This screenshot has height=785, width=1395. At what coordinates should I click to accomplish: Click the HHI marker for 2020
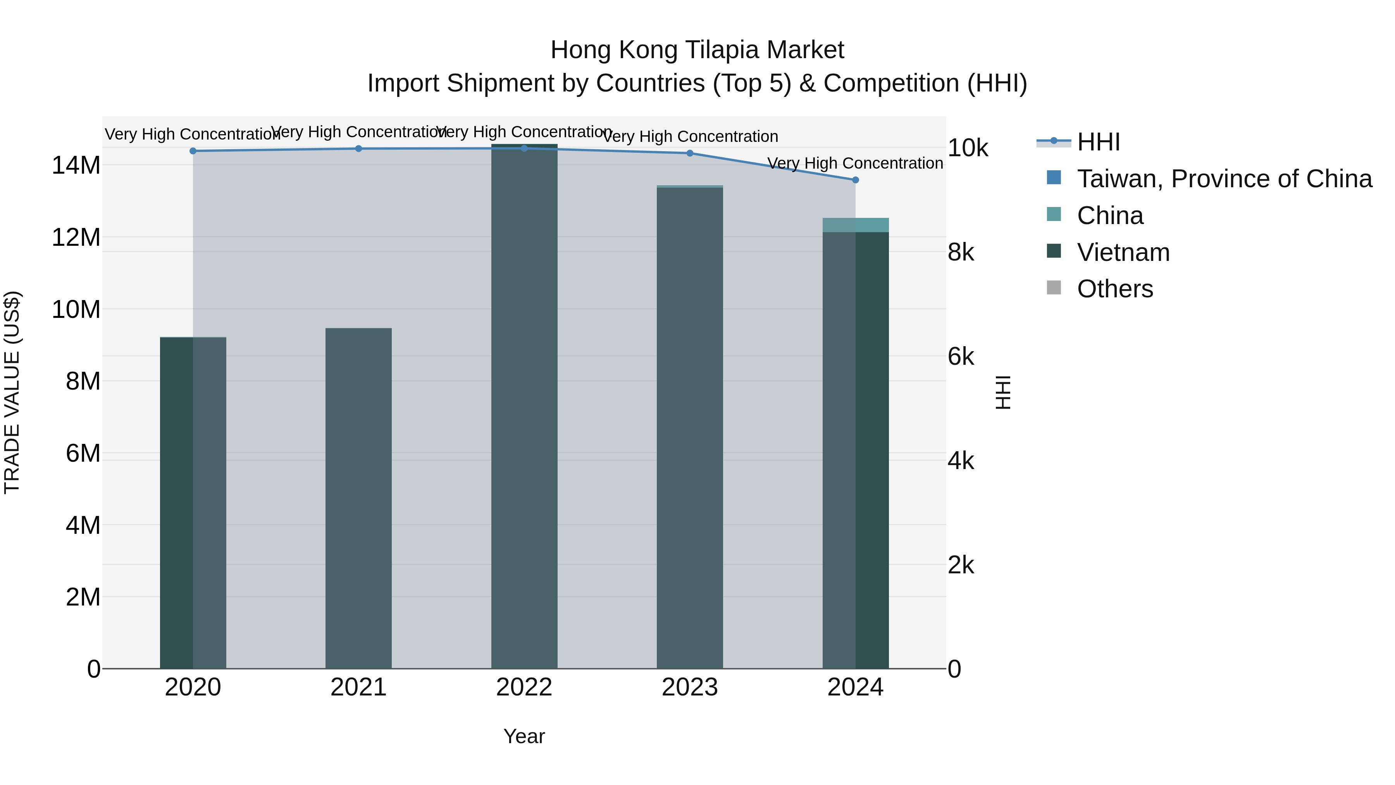pyautogui.click(x=193, y=151)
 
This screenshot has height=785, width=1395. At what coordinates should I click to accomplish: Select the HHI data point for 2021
pyautogui.click(x=358, y=148)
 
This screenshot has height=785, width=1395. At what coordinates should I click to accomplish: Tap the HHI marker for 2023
pyautogui.click(x=690, y=153)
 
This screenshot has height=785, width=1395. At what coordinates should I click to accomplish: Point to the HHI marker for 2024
pyautogui.click(x=856, y=180)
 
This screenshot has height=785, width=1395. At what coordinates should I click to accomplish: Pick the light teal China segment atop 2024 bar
pyautogui.click(x=856, y=225)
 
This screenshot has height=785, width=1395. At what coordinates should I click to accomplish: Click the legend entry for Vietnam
pyautogui.click(x=1123, y=252)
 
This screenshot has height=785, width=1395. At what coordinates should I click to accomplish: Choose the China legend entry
pyautogui.click(x=1110, y=216)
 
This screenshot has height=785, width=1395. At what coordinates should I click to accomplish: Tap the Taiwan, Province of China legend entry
pyautogui.click(x=1224, y=179)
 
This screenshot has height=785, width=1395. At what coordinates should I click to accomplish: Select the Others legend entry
pyautogui.click(x=1114, y=289)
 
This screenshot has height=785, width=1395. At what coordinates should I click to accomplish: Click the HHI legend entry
pyautogui.click(x=1098, y=142)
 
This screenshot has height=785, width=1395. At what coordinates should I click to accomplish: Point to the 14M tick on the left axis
pyautogui.click(x=76, y=165)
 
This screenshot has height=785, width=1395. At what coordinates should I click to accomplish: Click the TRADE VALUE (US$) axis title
pyautogui.click(x=12, y=392)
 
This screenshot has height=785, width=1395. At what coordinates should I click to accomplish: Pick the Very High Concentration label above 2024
pyautogui.click(x=856, y=163)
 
